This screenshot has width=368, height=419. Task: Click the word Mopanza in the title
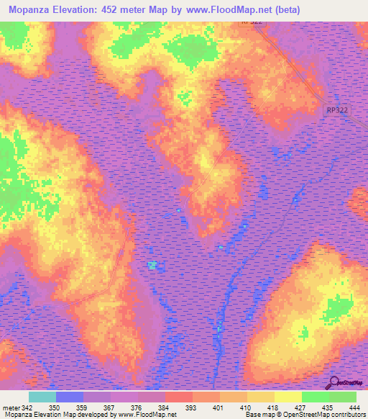pos(34,9)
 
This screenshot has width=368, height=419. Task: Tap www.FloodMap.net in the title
pos(221,9)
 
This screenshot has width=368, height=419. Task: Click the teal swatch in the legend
pos(42,397)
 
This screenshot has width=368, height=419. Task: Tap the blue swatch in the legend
pos(70,397)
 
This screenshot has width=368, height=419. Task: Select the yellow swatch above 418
pos(260,397)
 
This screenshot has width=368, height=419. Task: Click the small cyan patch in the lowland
pos(152,265)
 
